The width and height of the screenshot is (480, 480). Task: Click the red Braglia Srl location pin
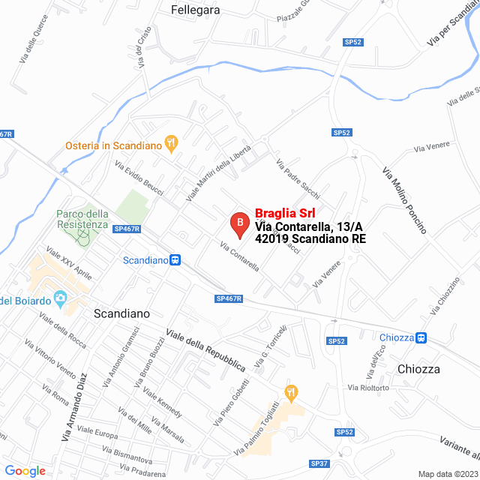coord(239,223)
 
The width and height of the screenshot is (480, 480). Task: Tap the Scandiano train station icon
coord(175,260)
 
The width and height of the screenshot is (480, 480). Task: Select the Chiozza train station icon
coord(421,337)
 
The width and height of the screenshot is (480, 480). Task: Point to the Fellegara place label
coord(196,10)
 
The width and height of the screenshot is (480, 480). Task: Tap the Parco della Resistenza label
coord(82,219)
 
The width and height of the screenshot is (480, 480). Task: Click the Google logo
coord(25,470)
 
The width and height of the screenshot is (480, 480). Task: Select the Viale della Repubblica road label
coord(205,350)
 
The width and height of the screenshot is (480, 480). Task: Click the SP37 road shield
coord(319,463)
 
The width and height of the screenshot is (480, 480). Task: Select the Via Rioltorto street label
coord(367,388)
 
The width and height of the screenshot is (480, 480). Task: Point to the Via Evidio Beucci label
coord(139,178)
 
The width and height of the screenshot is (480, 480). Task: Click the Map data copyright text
coord(447,473)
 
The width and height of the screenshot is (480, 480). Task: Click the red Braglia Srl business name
coord(285,213)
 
